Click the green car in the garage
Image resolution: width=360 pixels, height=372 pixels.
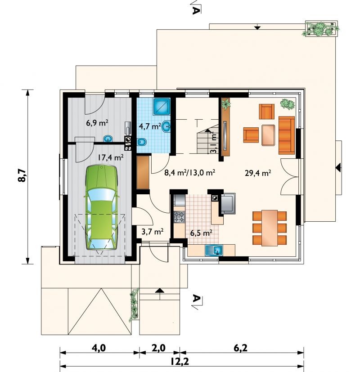point(102,207)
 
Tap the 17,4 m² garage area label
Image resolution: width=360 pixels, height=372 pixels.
point(111,157)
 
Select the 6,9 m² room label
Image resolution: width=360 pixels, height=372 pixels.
point(97,123)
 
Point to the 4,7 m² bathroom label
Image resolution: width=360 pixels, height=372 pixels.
point(150,126)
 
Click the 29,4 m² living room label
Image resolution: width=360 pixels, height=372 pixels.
point(258,173)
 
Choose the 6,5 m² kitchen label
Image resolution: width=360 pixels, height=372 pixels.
point(201,233)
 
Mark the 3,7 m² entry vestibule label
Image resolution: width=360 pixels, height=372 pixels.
point(153,231)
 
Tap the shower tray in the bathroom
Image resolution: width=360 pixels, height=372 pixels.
point(162,107)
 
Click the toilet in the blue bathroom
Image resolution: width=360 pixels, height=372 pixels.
point(142,142)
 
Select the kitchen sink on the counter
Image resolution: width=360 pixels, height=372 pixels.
point(214,250)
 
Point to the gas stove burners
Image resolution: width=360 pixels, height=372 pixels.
point(179,217)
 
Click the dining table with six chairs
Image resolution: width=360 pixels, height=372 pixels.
point(270,228)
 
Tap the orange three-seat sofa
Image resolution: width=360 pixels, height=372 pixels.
point(287,135)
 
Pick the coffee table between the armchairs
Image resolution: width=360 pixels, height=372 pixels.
point(268,135)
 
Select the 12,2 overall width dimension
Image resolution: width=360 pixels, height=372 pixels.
point(180,362)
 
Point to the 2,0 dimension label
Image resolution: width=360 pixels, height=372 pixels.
point(158,348)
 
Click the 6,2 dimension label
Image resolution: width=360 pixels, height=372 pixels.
point(240,348)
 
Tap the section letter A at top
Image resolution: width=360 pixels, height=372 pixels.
point(195,10)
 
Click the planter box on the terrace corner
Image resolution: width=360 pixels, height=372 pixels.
point(321,29)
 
